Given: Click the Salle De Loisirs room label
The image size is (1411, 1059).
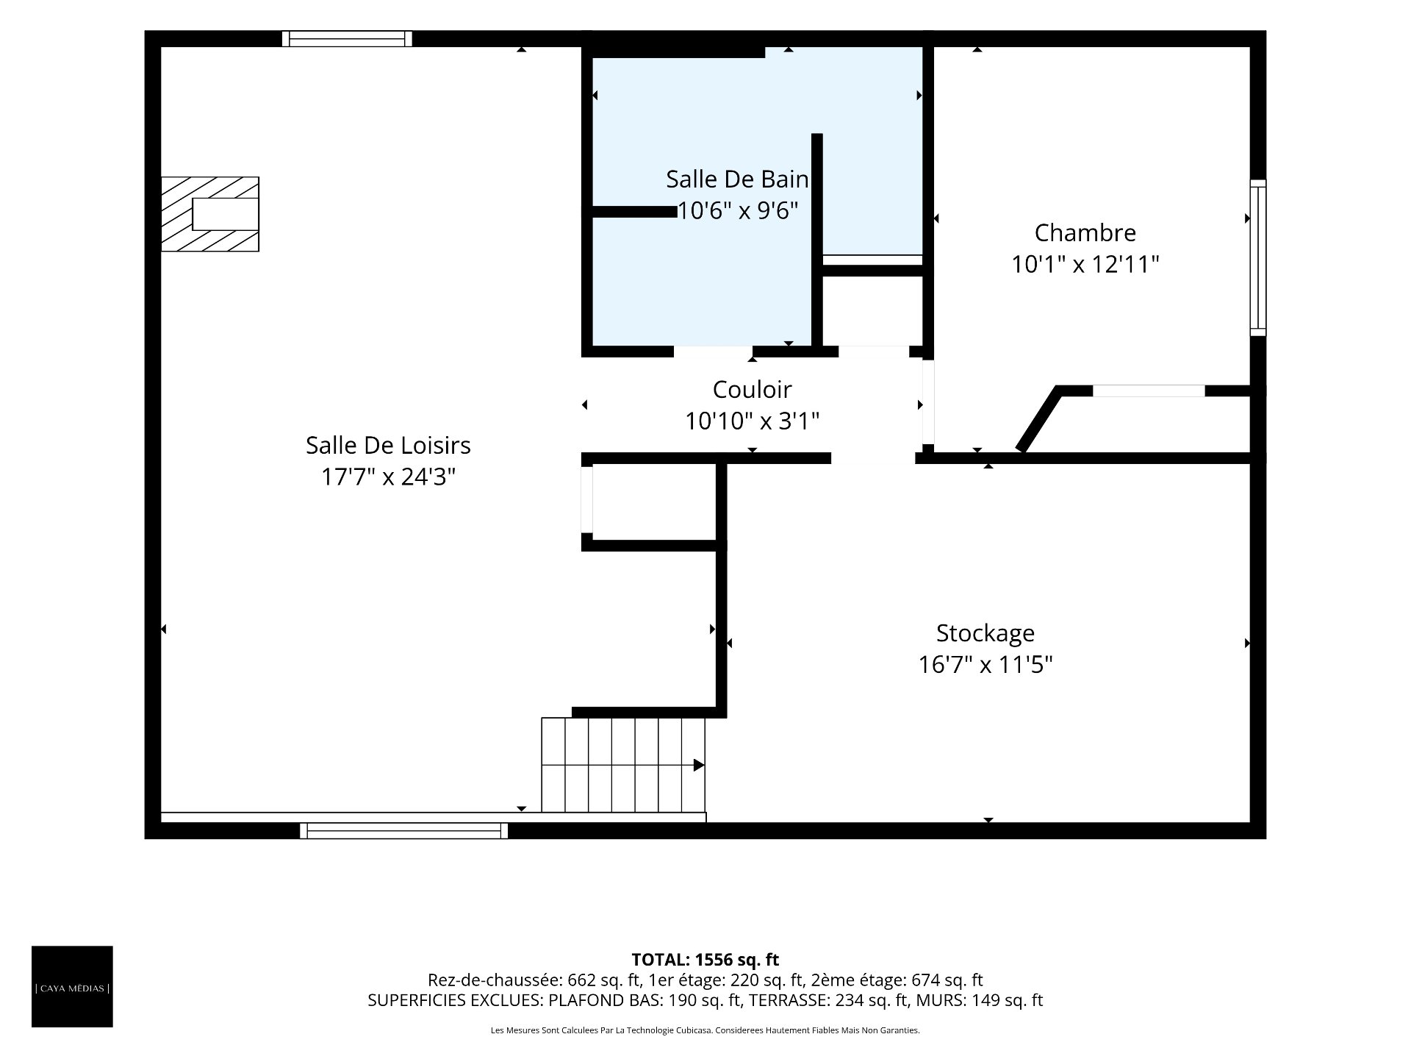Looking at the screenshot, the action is coord(388,445).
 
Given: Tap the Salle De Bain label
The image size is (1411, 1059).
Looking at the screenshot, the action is coord(737,179).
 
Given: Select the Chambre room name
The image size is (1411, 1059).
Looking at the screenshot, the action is coord(1085,232).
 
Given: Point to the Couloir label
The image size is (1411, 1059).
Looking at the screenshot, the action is coord(752,389).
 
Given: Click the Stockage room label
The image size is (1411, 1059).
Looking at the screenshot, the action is coord(985,633).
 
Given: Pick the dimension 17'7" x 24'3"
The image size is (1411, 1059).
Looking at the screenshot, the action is coord(388,477).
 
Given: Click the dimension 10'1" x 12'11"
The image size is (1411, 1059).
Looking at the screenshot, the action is coord(1085,264).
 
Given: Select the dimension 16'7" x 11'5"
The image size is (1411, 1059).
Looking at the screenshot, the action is coord(985,665).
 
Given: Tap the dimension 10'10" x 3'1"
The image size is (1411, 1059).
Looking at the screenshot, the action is coord(752,421).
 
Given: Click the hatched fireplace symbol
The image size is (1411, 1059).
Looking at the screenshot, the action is coord(210,214).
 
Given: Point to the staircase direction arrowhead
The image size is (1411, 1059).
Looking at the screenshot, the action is coord(699,766).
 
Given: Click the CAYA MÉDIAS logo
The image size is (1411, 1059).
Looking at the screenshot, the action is coord(72,986).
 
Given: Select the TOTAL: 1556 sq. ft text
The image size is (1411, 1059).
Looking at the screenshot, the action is coord(705,960).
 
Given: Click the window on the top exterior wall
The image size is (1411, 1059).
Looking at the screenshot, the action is coord(347,38).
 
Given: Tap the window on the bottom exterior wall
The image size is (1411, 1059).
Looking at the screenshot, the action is coord(403,831).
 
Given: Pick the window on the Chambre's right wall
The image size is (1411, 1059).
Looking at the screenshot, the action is coord(1258,257).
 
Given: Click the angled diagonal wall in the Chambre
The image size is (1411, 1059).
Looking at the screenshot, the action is coord(1039,419).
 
